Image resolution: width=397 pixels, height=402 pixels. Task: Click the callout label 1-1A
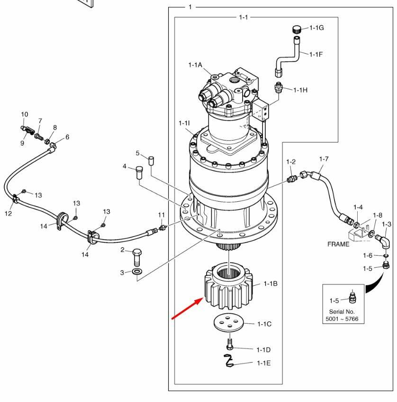(195, 65)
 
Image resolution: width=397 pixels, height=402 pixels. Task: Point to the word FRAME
(338, 244)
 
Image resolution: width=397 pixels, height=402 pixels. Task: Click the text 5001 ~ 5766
(344, 319)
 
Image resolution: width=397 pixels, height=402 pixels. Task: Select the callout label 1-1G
(317, 28)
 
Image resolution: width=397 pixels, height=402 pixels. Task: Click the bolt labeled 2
(136, 257)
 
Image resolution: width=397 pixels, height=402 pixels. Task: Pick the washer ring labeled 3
(137, 272)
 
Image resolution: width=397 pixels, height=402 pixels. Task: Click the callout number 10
(25, 114)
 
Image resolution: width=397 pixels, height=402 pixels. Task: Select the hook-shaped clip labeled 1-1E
(229, 361)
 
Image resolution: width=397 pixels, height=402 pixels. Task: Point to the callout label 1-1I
(184, 123)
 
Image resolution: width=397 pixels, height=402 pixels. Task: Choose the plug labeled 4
(139, 171)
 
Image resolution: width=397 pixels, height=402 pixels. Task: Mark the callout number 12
(8, 214)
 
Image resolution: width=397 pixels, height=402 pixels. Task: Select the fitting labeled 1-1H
(279, 88)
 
